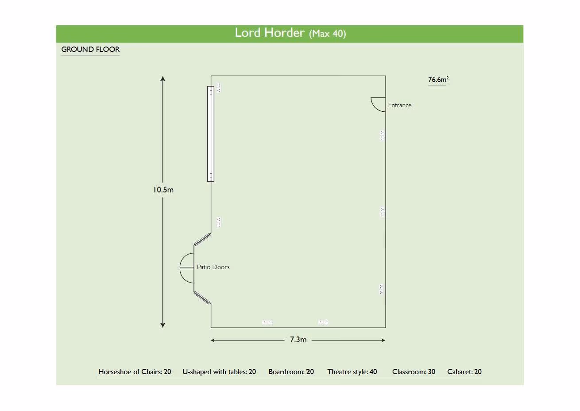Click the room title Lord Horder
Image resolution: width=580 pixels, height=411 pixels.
pos(269,33)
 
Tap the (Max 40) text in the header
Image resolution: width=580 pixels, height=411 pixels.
pos(327,33)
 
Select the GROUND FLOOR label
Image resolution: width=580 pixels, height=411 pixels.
pos(90,49)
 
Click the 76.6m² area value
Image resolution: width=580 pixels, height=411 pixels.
pos(438,79)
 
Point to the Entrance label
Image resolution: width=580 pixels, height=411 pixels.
pos(399,105)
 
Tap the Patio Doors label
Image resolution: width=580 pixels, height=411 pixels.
pos(213,267)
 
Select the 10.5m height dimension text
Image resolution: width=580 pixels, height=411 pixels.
pos(163,190)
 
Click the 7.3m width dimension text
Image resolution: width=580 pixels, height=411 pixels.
pos(298,340)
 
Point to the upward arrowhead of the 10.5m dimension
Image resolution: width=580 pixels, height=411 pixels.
pos(162,78)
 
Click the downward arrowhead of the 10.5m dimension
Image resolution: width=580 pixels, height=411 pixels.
pos(162,325)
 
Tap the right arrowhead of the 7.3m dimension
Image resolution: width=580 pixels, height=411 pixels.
pos(383,340)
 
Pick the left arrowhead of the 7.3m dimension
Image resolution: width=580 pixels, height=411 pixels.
pos(213,340)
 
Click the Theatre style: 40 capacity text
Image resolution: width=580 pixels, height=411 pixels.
pos(352,372)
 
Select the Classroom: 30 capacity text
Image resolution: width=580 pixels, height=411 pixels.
pos(414,372)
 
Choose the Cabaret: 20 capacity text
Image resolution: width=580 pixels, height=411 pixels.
pos(464,372)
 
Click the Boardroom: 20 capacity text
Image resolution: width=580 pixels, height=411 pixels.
pos(291,372)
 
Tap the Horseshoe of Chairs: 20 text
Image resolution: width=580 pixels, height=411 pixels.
pos(135,372)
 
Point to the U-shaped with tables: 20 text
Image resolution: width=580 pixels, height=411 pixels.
pos(219,372)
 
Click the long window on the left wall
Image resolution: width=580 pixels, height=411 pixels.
pos(210,134)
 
